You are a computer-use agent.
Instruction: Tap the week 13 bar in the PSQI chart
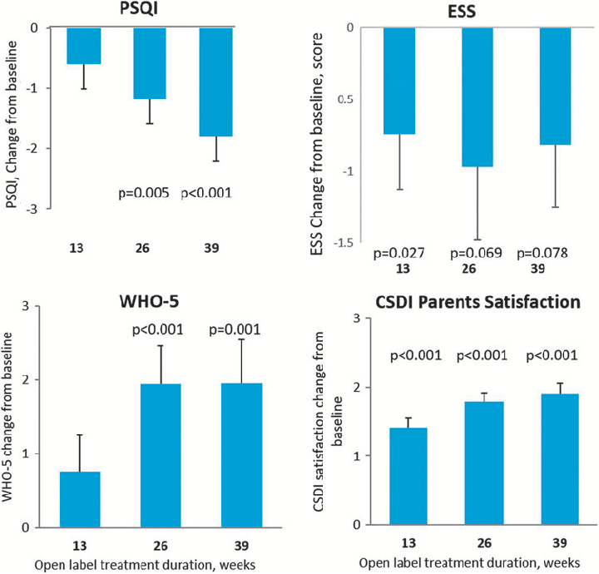(84, 46)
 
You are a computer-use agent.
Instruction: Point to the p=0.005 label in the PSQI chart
(142, 193)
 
